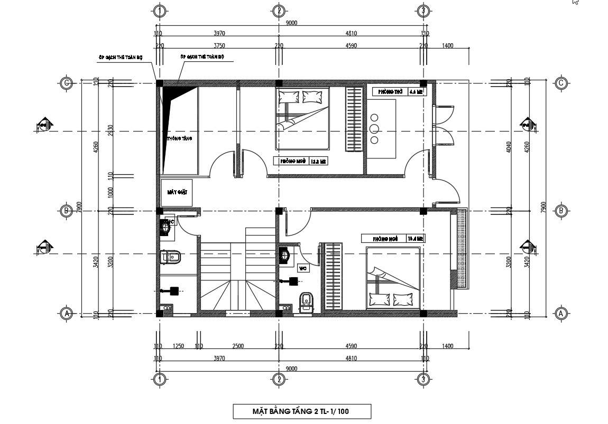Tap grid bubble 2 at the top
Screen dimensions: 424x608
click(279, 11)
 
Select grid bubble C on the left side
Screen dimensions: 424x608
click(67, 83)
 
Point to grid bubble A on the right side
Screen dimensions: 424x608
click(561, 314)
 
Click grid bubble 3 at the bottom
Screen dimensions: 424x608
click(422, 379)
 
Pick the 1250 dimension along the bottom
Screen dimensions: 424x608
click(178, 346)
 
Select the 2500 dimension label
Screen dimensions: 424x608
click(238, 346)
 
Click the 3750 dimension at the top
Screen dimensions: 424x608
click(219, 46)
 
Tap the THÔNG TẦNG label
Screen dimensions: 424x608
click(180, 138)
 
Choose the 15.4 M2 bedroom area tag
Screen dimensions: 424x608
click(416, 239)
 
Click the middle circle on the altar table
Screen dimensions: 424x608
click(375, 129)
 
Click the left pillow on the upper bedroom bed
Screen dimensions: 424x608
click(288, 97)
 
